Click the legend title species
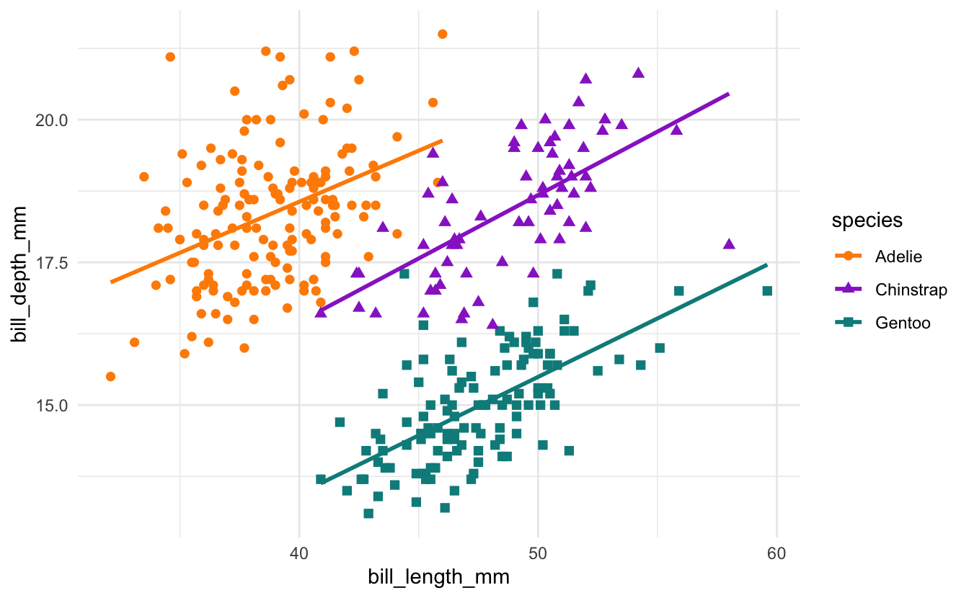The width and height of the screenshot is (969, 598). pyautogui.click(x=867, y=220)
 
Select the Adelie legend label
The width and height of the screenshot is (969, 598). pyautogui.click(x=898, y=256)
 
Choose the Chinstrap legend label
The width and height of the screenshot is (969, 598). pyautogui.click(x=911, y=290)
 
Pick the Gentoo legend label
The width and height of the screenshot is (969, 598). pyautogui.click(x=903, y=323)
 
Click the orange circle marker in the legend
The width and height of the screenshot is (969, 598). pyautogui.click(x=849, y=256)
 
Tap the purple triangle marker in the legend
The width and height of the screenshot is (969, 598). pyautogui.click(x=849, y=289)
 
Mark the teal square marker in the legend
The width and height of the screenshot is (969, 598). pyautogui.click(x=849, y=323)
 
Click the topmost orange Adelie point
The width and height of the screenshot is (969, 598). pyautogui.click(x=442, y=34)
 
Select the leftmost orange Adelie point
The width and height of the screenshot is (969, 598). pyautogui.click(x=110, y=376)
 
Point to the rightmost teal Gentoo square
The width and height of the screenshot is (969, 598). pyautogui.click(x=767, y=291)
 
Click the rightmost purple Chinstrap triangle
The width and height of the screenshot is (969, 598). pyautogui.click(x=729, y=244)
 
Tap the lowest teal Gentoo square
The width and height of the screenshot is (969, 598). pyautogui.click(x=368, y=513)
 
